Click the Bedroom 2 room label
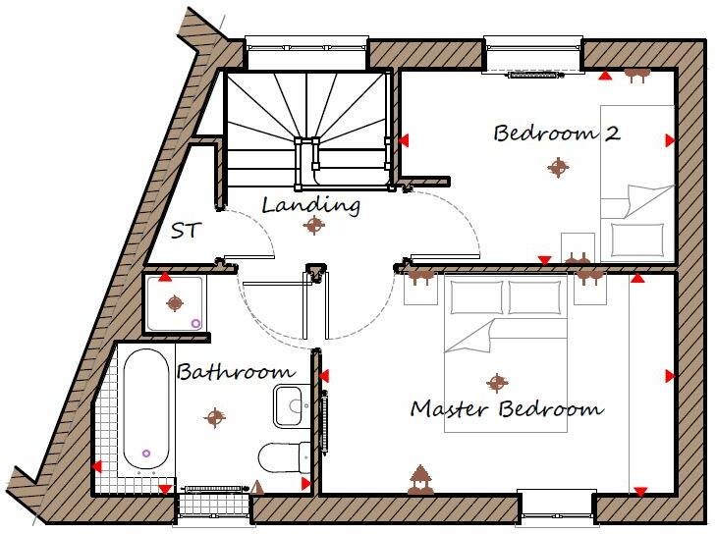click(x=557, y=133)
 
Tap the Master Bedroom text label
click(x=506, y=408)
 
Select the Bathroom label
click(x=235, y=372)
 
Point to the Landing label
click(x=310, y=205)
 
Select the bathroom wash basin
click(x=290, y=405)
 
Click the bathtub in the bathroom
click(x=146, y=407)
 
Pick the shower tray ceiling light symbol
click(x=175, y=302)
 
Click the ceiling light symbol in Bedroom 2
click(x=558, y=168)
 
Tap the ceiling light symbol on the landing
click(x=313, y=226)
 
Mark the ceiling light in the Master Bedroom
click(x=498, y=381)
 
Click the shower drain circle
click(x=195, y=322)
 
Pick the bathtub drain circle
click(x=146, y=453)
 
